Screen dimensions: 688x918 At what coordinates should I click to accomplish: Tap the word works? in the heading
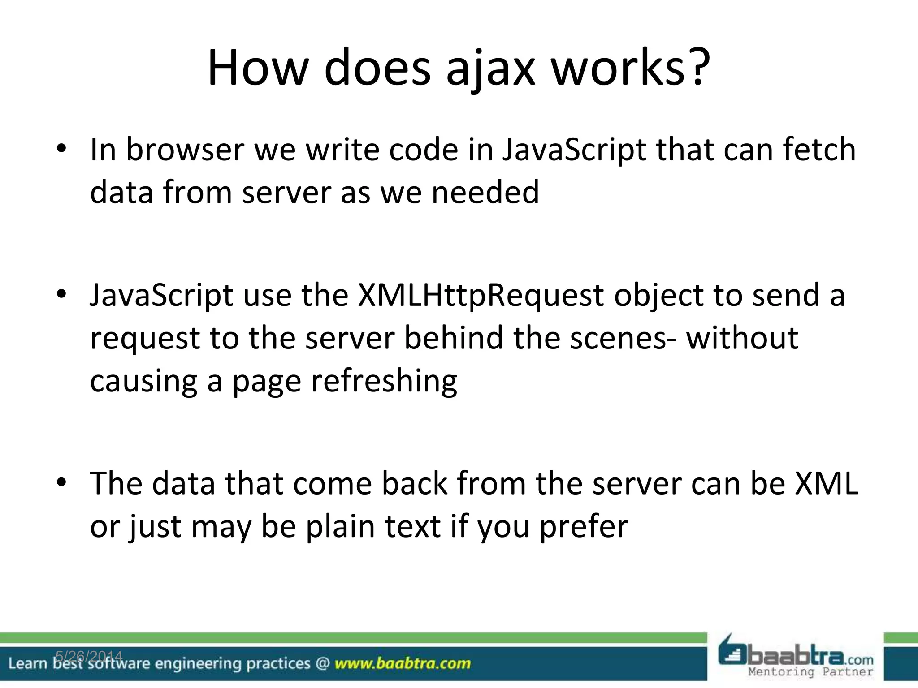[630, 69]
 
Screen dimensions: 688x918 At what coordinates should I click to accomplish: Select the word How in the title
[258, 69]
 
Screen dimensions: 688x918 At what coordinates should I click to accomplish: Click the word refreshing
[384, 381]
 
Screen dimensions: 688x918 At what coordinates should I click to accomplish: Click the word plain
[340, 527]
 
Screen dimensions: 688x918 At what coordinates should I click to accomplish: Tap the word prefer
[584, 527]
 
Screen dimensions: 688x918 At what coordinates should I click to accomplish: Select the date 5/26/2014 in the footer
[89, 656]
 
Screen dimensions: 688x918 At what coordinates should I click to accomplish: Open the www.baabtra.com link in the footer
[403, 663]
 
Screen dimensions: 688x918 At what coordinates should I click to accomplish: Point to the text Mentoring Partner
[810, 672]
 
